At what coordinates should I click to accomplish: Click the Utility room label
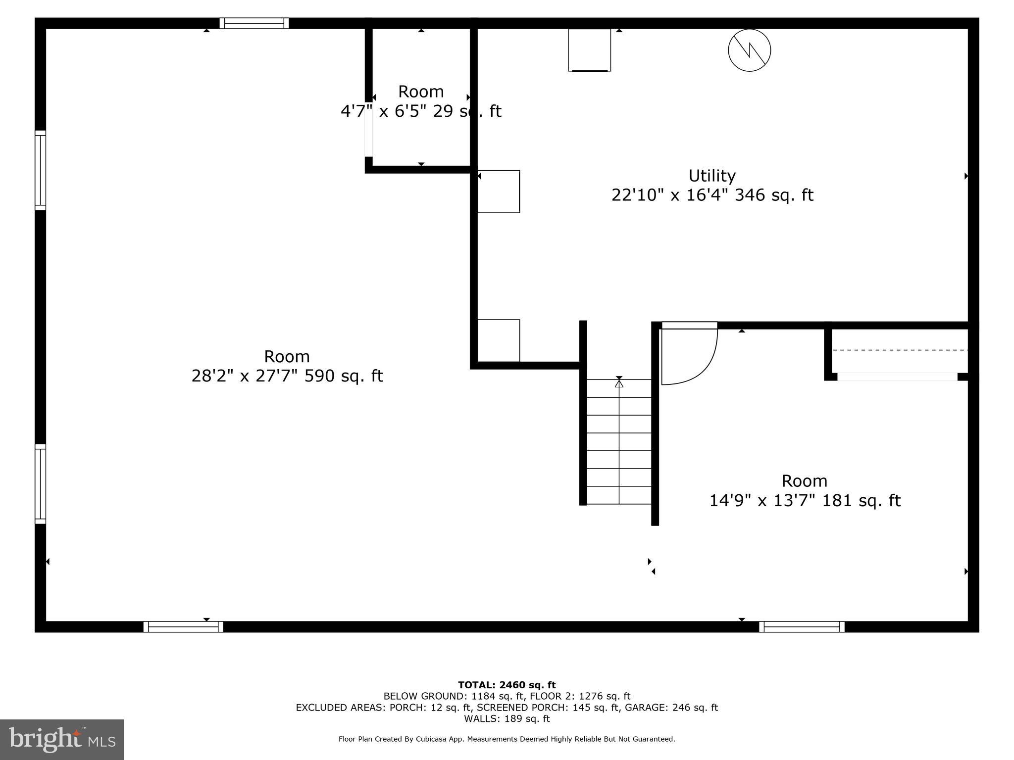(711, 176)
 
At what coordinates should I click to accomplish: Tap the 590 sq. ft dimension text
(287, 376)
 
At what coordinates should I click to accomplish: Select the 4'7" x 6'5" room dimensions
(421, 111)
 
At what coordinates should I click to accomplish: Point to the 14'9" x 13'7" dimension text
(805, 500)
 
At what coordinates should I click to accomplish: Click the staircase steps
(619, 441)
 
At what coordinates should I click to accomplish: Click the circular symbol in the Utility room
(749, 50)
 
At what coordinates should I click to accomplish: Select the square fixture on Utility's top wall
(589, 50)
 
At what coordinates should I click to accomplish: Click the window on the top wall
(254, 23)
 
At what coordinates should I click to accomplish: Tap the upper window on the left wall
(40, 170)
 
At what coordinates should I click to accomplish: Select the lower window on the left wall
(40, 484)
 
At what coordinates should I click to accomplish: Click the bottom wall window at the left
(183, 627)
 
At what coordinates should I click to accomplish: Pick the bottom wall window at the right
(802, 627)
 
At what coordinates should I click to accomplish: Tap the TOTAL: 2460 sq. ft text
(507, 685)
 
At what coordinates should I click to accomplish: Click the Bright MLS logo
(62, 739)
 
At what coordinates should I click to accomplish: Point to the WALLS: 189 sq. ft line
(507, 718)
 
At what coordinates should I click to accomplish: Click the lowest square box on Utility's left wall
(498, 340)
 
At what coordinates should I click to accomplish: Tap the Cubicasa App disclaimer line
(507, 739)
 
